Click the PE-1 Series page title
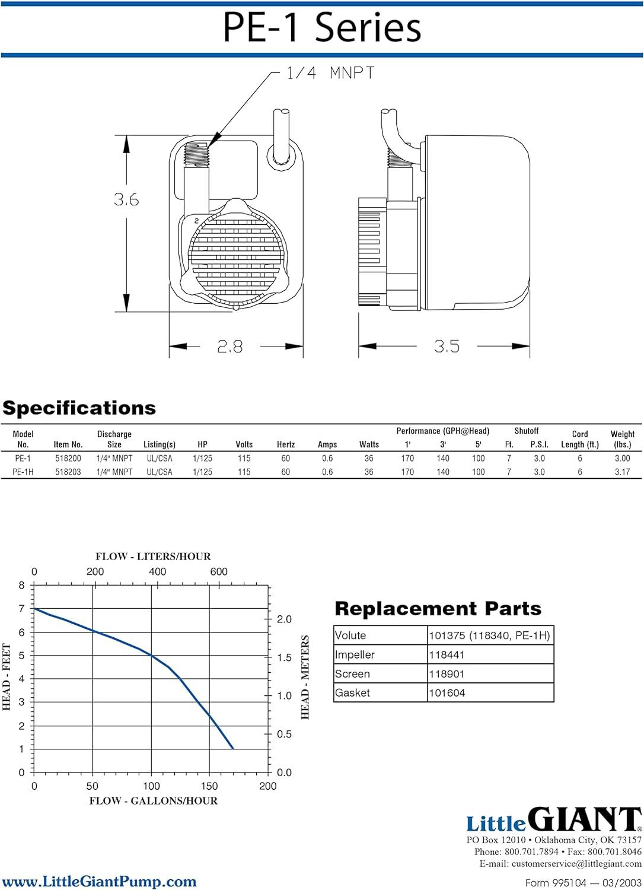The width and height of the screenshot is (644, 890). (x=322, y=27)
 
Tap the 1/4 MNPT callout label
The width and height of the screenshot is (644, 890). (x=330, y=73)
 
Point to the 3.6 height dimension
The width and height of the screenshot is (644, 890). (x=126, y=199)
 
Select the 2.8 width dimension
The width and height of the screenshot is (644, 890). (x=230, y=347)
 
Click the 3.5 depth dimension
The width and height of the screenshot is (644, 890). (x=447, y=346)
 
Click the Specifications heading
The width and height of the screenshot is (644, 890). (x=79, y=408)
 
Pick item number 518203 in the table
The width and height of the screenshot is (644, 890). (x=68, y=472)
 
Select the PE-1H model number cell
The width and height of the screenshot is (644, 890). (x=23, y=472)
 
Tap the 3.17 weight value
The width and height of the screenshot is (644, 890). (x=622, y=472)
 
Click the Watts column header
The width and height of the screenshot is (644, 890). (x=369, y=444)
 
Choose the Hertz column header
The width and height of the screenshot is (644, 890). (x=285, y=444)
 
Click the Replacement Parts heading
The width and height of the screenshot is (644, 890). (x=438, y=608)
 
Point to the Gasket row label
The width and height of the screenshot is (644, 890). (x=352, y=692)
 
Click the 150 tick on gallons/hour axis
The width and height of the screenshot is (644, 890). (x=209, y=786)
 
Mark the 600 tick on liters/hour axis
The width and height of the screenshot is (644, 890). (x=219, y=572)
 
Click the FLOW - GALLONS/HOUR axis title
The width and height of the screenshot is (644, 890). (x=153, y=800)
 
